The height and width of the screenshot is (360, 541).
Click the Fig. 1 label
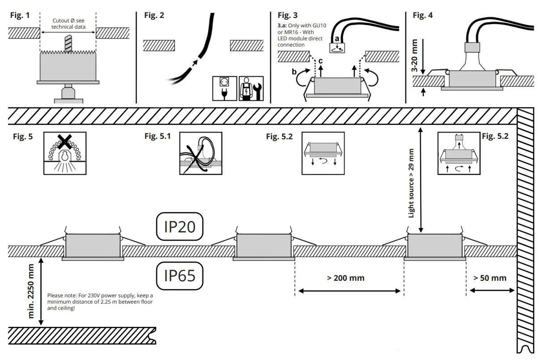click(x=20, y=15)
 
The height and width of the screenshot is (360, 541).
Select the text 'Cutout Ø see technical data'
click(x=68, y=24)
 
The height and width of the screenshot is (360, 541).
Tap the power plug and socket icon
click(x=225, y=88)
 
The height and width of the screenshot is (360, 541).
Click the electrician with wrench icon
click(x=251, y=88)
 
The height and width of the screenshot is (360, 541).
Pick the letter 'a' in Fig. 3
click(x=337, y=39)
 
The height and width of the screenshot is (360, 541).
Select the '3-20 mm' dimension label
click(x=415, y=56)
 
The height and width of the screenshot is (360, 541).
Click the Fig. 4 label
click(x=422, y=15)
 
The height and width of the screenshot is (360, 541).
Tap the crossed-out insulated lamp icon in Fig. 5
click(x=65, y=153)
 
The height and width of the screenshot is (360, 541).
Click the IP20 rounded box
click(x=179, y=227)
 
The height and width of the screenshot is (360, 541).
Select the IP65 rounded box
click(x=179, y=275)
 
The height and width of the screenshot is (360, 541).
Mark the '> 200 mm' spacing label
click(x=345, y=278)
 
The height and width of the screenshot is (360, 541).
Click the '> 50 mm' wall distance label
click(x=490, y=278)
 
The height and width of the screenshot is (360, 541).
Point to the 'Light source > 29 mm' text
click(x=411, y=184)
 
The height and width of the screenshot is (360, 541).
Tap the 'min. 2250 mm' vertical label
click(x=31, y=291)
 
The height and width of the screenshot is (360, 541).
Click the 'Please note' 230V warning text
click(x=100, y=302)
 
